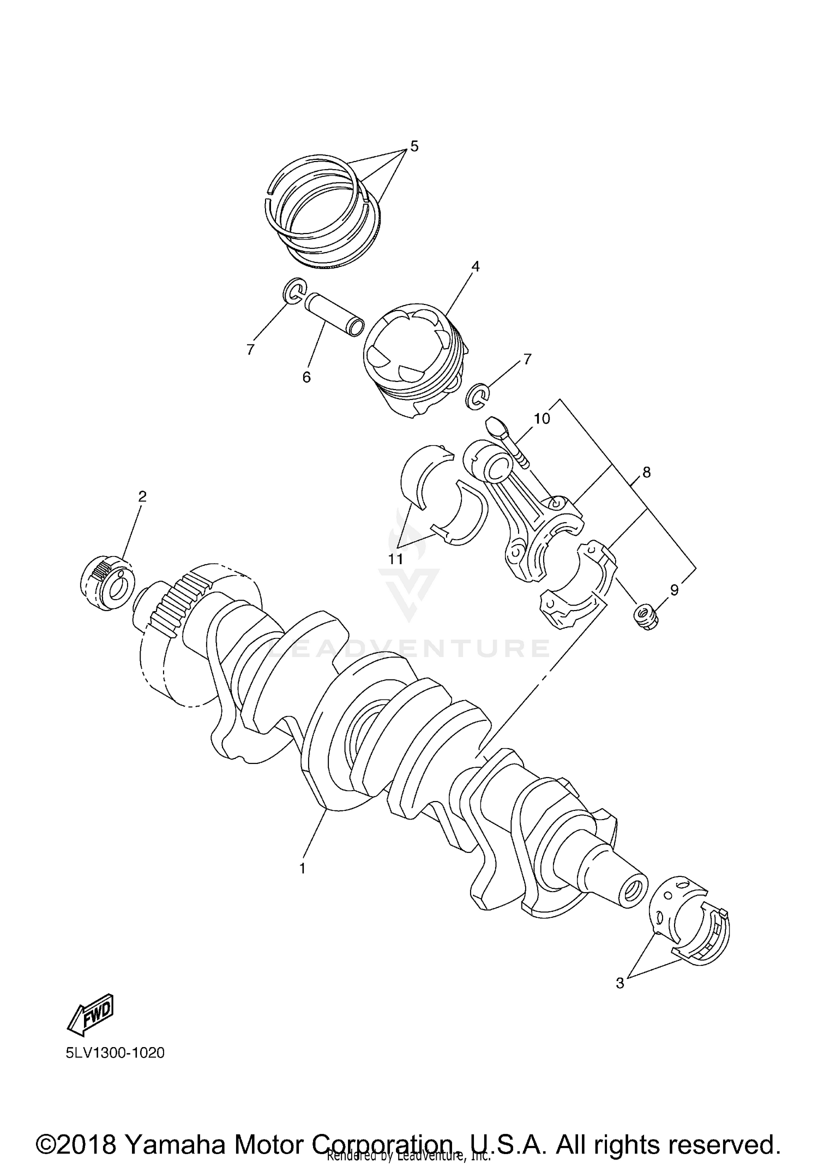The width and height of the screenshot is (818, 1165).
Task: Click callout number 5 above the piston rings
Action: (414, 146)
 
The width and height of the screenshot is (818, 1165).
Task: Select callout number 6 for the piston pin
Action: (306, 377)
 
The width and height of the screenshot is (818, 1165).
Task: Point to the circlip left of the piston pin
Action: (294, 290)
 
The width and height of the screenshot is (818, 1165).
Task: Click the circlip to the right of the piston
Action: (478, 396)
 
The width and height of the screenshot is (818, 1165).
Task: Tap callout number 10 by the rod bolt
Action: (542, 419)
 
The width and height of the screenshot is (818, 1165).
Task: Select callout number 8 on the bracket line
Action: (646, 472)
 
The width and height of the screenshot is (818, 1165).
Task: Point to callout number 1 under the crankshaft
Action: (303, 868)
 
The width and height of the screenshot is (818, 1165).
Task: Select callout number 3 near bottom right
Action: (619, 983)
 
